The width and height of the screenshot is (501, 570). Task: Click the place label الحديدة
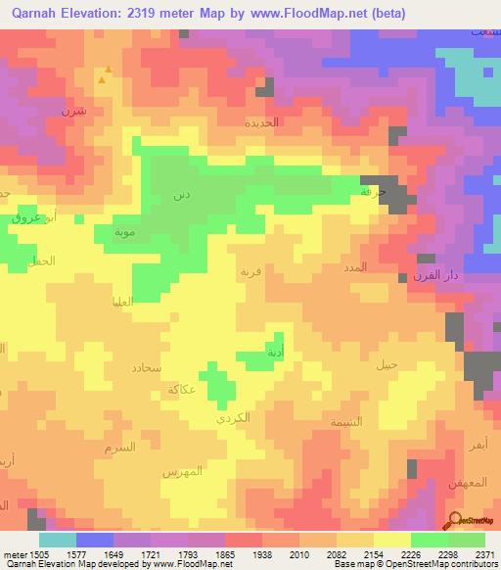click(262, 122)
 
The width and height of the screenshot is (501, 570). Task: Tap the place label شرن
click(74, 111)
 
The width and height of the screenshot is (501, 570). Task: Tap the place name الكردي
click(234, 417)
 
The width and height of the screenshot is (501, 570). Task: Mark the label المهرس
click(182, 471)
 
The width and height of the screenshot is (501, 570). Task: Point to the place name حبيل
click(388, 364)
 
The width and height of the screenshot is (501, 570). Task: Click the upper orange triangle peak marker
click(108, 70)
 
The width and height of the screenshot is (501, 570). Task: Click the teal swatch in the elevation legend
click(58, 540)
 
